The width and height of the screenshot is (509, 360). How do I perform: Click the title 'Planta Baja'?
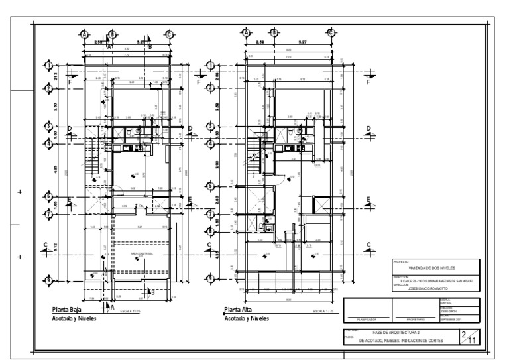(x=70, y=310)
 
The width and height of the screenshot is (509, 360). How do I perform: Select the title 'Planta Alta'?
(x=242, y=310)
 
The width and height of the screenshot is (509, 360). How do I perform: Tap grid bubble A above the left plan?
(x=85, y=34)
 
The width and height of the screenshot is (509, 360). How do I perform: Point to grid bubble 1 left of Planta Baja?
(x=49, y=64)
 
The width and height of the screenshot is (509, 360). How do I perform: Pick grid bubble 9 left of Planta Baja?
(x=49, y=280)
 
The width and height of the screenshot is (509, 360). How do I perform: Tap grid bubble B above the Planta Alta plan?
(x=272, y=34)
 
